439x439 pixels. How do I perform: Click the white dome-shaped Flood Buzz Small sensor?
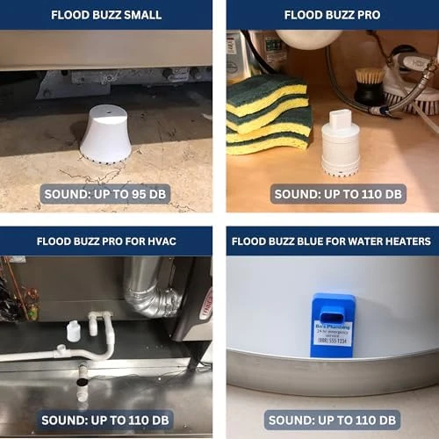[x=104, y=134]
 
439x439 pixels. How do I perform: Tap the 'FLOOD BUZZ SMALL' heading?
[x=105, y=15]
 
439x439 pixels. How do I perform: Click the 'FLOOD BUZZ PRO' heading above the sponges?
[x=332, y=15]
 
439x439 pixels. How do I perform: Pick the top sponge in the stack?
[x=268, y=93]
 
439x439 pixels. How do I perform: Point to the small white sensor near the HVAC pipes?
[x=74, y=331]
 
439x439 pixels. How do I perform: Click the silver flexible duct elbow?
[x=150, y=289]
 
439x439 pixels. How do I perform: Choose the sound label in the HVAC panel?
[x=105, y=419]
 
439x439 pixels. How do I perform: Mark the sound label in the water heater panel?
[x=332, y=419]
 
